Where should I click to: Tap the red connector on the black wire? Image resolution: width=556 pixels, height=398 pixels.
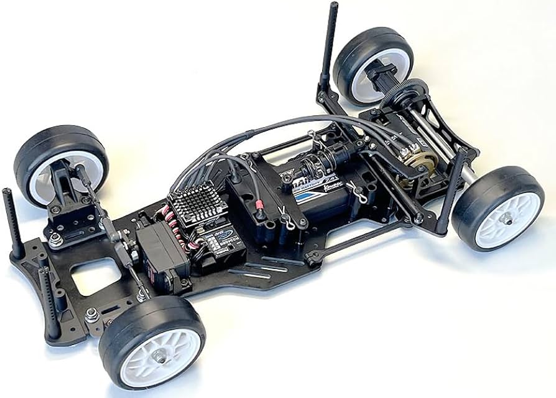(258, 205)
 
